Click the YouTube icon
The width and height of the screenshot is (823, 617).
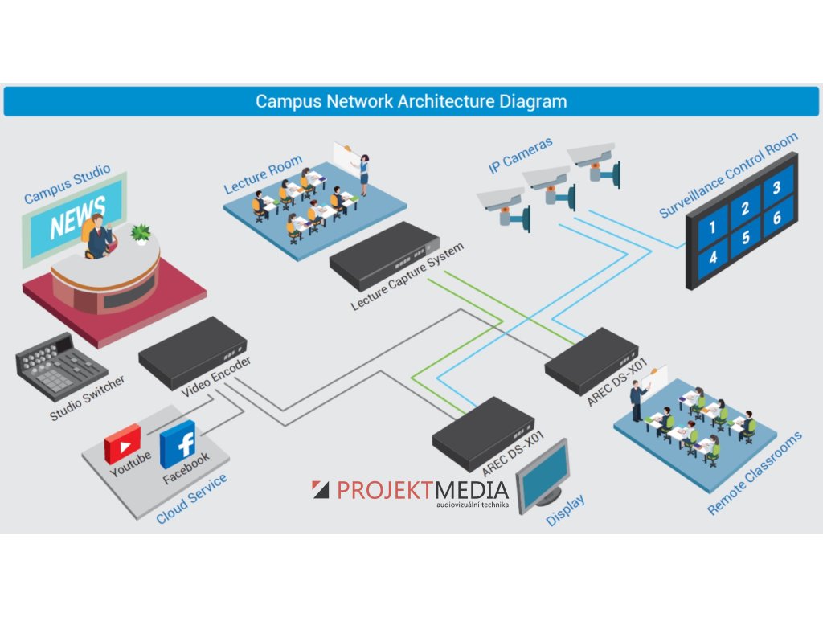122,443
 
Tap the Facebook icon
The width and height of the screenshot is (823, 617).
178,443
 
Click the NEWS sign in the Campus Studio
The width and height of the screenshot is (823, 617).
77,218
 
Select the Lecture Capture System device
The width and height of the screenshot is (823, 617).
384,255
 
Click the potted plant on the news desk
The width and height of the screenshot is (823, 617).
141,234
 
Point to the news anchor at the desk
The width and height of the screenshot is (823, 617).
97,236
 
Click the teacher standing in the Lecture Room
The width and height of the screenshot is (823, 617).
364,174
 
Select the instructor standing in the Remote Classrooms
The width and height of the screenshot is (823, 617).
637,400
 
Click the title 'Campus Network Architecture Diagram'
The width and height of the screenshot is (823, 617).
411,102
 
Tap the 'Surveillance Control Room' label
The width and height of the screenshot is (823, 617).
728,175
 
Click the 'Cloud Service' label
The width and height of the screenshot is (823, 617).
191,499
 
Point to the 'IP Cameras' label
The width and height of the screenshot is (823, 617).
521,156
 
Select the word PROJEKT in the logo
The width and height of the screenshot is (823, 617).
385,490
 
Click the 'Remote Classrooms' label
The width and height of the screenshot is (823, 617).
755,474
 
